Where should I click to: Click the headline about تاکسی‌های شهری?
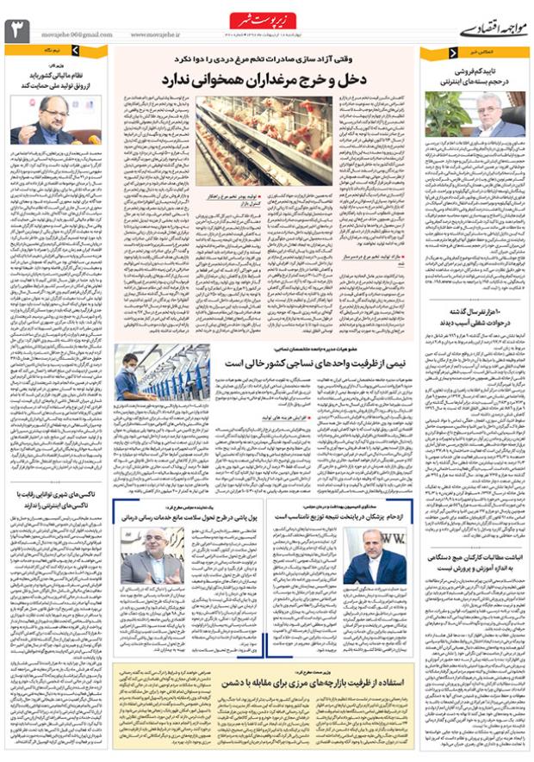coord(56,499)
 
